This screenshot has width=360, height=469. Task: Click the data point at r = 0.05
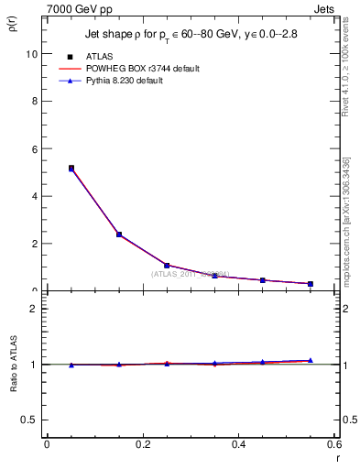71,169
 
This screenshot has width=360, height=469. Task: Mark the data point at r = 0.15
119,234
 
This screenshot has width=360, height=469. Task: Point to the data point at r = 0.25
167,266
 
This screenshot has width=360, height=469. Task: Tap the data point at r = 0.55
311,284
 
